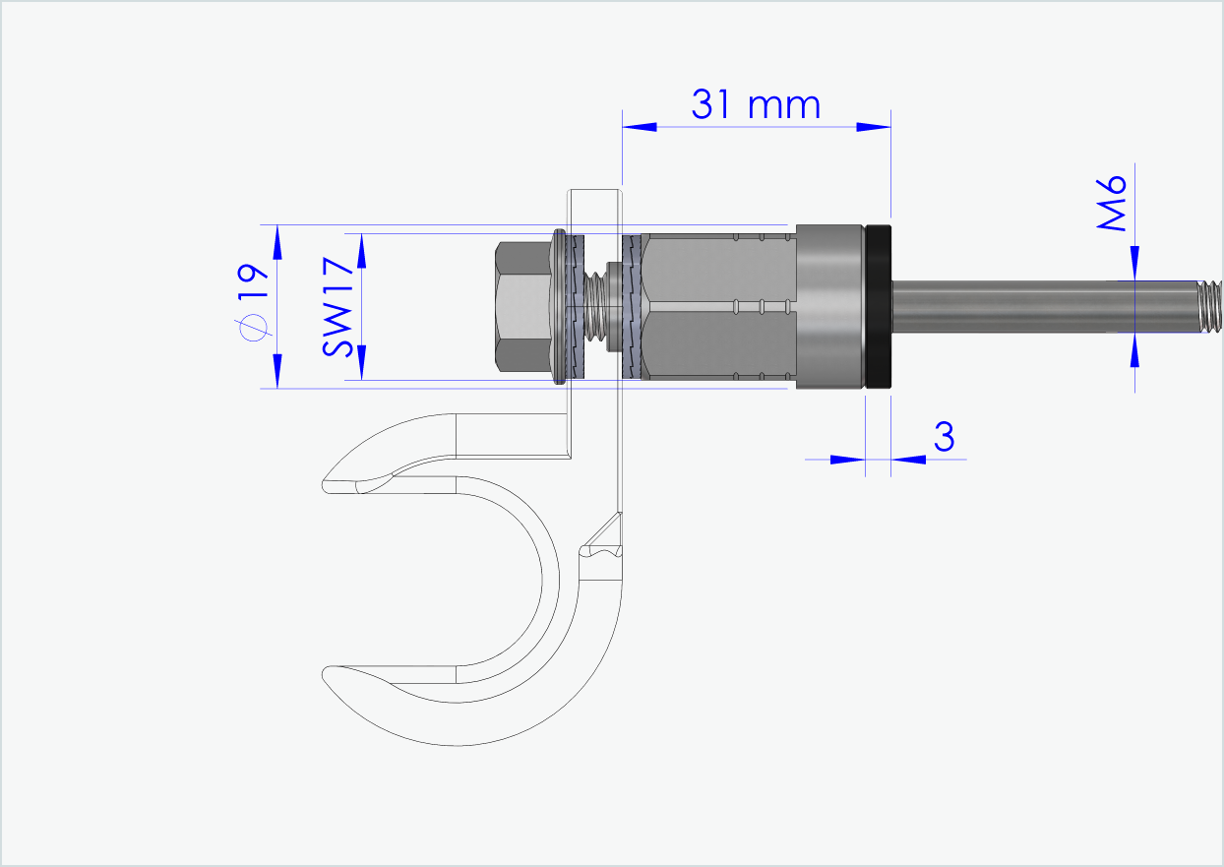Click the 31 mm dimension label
pyautogui.click(x=755, y=103)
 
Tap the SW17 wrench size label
pyautogui.click(x=338, y=306)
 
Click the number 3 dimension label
pyautogui.click(x=944, y=436)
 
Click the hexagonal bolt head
pyautogui.click(x=521, y=306)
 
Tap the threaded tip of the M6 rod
pyautogui.click(x=1209, y=306)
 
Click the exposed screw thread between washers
pyautogui.click(x=596, y=306)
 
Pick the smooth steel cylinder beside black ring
pyautogui.click(x=828, y=306)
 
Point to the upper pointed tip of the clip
pyautogui.click(x=330, y=484)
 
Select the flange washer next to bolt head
pyautogui.click(x=560, y=306)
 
